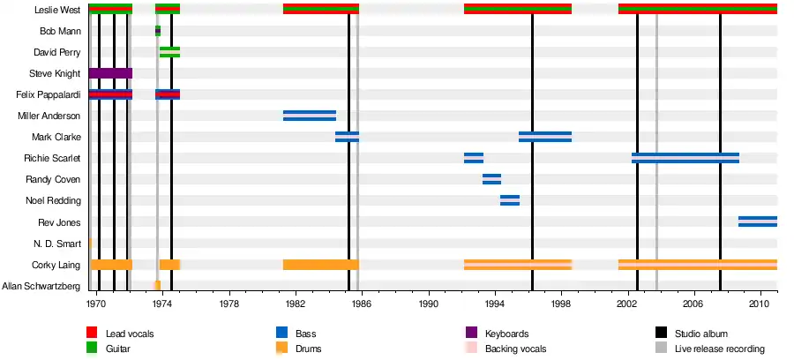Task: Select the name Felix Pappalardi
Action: coord(49,94)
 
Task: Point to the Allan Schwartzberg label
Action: coord(42,286)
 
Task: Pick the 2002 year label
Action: coord(629,303)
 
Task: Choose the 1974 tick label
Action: coord(162,303)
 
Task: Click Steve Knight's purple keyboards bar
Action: coord(110,73)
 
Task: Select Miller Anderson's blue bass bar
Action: coord(309,116)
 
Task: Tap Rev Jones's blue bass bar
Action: coord(757,221)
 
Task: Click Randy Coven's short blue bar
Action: coord(491,179)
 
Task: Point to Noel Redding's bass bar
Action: coord(510,200)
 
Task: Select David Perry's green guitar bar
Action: coord(169,52)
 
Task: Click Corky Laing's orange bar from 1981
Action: coord(320,264)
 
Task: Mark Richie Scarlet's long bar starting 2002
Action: coord(685,158)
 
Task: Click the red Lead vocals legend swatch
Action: coord(91,334)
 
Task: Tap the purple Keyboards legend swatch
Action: coord(471,334)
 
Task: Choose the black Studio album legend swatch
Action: coord(660,334)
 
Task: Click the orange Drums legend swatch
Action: coord(282,349)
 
